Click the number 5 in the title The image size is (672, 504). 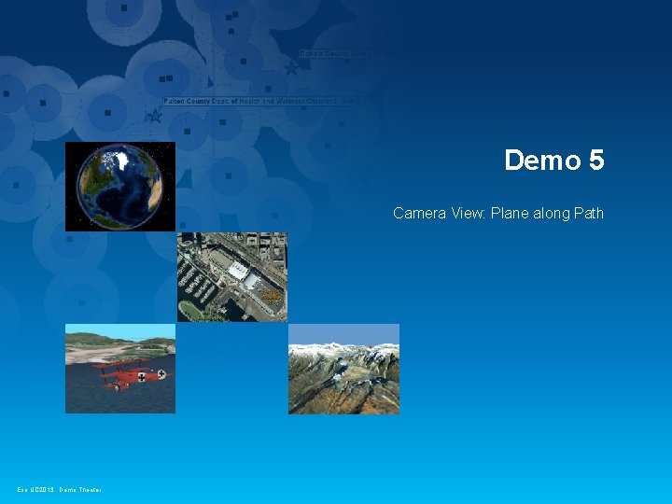(x=596, y=161)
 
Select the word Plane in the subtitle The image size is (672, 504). (x=517, y=214)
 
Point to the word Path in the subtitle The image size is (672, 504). (x=589, y=214)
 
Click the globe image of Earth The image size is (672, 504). (x=119, y=187)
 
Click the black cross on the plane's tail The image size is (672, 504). (x=161, y=375)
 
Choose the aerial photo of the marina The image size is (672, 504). (x=232, y=277)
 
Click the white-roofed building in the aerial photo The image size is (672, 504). (x=240, y=271)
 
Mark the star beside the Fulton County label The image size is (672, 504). (x=154, y=117)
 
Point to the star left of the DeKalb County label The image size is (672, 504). (x=291, y=68)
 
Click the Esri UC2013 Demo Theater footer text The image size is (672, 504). (x=59, y=490)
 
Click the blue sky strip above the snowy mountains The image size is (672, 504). (x=343, y=333)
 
